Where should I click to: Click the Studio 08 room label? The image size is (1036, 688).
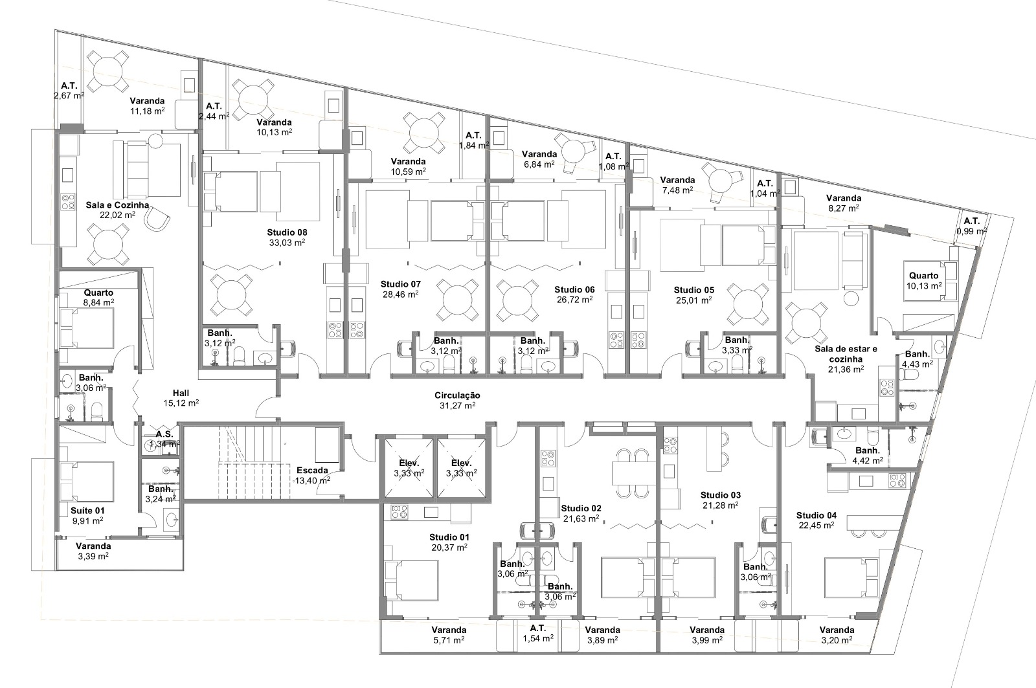click(x=287, y=232)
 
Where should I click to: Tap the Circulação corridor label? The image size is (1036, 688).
click(x=457, y=395)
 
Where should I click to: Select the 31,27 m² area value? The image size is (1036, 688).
click(x=457, y=406)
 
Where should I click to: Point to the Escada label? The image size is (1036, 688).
click(x=312, y=471)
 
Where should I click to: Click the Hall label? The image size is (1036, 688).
click(x=181, y=393)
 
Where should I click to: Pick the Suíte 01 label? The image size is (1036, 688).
click(x=87, y=511)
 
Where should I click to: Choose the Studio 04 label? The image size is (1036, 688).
click(x=816, y=515)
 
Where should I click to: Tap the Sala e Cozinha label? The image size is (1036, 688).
click(x=117, y=205)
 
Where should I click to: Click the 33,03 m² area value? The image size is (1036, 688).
click(x=287, y=243)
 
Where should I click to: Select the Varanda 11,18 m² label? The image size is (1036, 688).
click(x=147, y=106)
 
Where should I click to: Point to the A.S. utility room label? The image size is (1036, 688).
click(x=164, y=435)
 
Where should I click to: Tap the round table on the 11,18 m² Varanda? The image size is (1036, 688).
click(x=108, y=71)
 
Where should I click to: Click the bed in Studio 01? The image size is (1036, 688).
click(x=411, y=580)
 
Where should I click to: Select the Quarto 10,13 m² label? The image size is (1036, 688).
click(x=923, y=281)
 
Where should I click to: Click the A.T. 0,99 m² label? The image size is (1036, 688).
click(x=972, y=226)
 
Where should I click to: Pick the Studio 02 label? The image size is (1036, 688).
click(x=581, y=508)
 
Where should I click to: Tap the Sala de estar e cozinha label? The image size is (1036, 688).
click(x=846, y=354)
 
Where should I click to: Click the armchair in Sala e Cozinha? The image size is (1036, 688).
click(x=157, y=217)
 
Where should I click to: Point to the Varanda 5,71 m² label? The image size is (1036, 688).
click(x=449, y=635)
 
